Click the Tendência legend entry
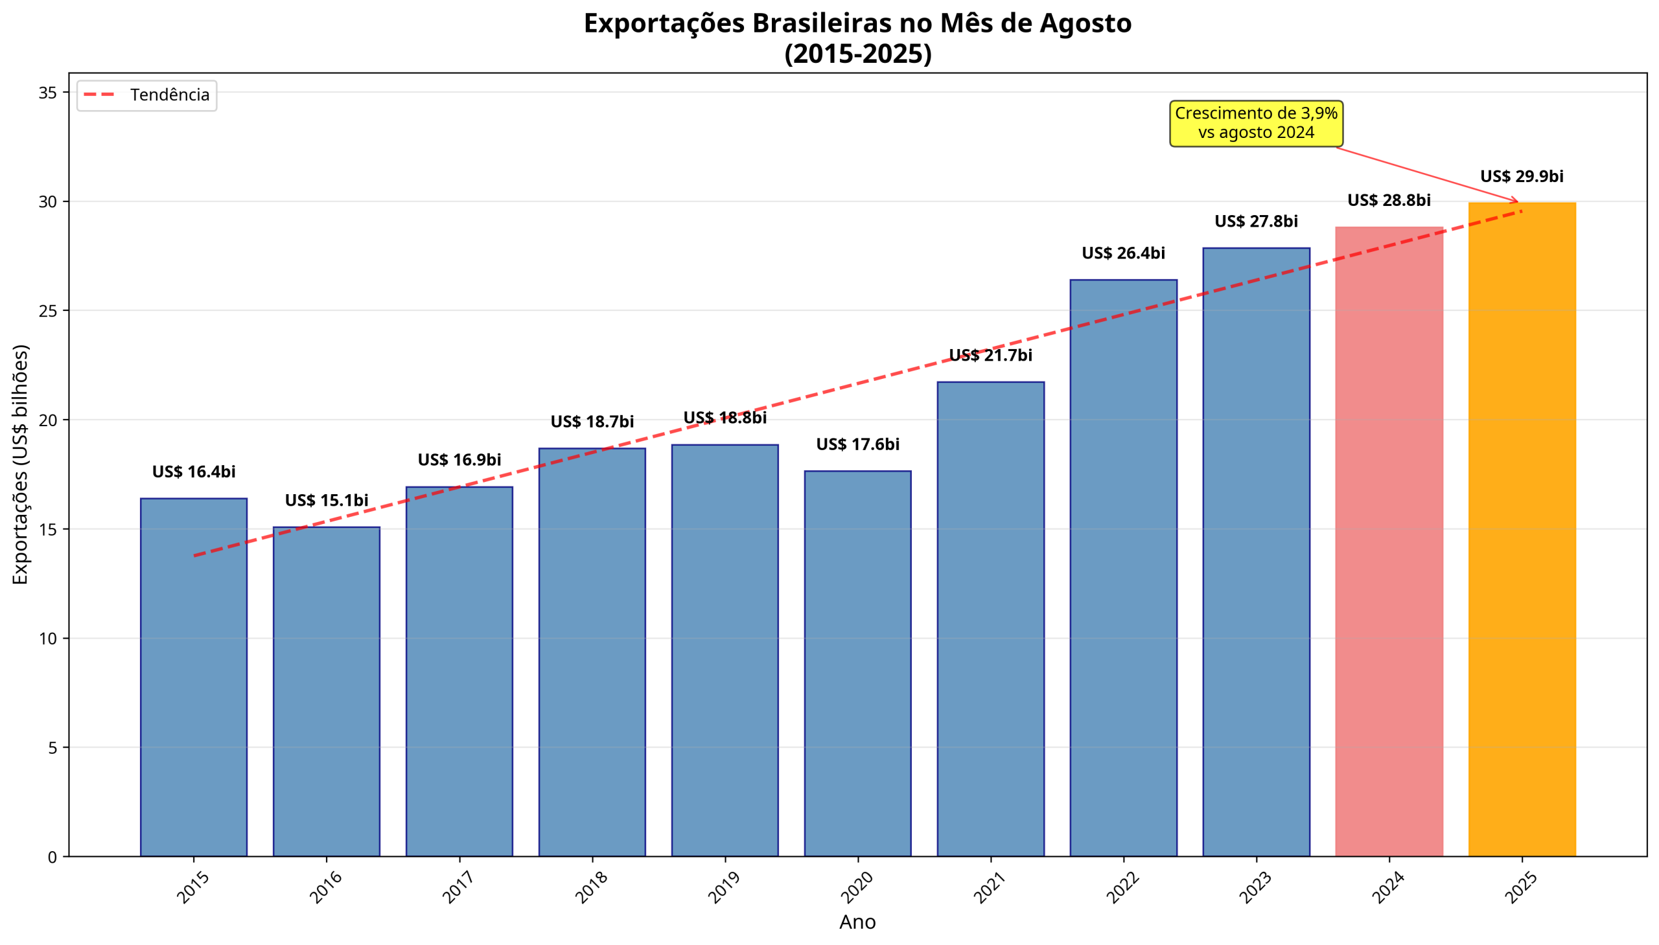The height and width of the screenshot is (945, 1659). point(146,95)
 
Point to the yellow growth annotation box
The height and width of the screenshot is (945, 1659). point(1256,123)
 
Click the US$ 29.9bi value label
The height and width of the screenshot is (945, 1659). point(1522,177)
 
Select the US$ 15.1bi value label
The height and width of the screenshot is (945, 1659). point(326,501)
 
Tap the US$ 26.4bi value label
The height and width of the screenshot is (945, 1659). point(1122,253)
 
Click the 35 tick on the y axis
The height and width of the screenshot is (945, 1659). point(48,93)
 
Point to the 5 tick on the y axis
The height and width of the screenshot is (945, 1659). point(52,747)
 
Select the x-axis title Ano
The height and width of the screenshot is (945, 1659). point(857,922)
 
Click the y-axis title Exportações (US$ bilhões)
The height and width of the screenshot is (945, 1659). point(21,464)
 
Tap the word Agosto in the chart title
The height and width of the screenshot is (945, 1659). point(1085,24)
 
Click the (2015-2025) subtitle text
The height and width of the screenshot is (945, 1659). point(857,54)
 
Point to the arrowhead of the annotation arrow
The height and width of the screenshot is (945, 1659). point(1517,201)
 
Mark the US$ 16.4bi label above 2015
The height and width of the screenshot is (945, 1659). point(194,472)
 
